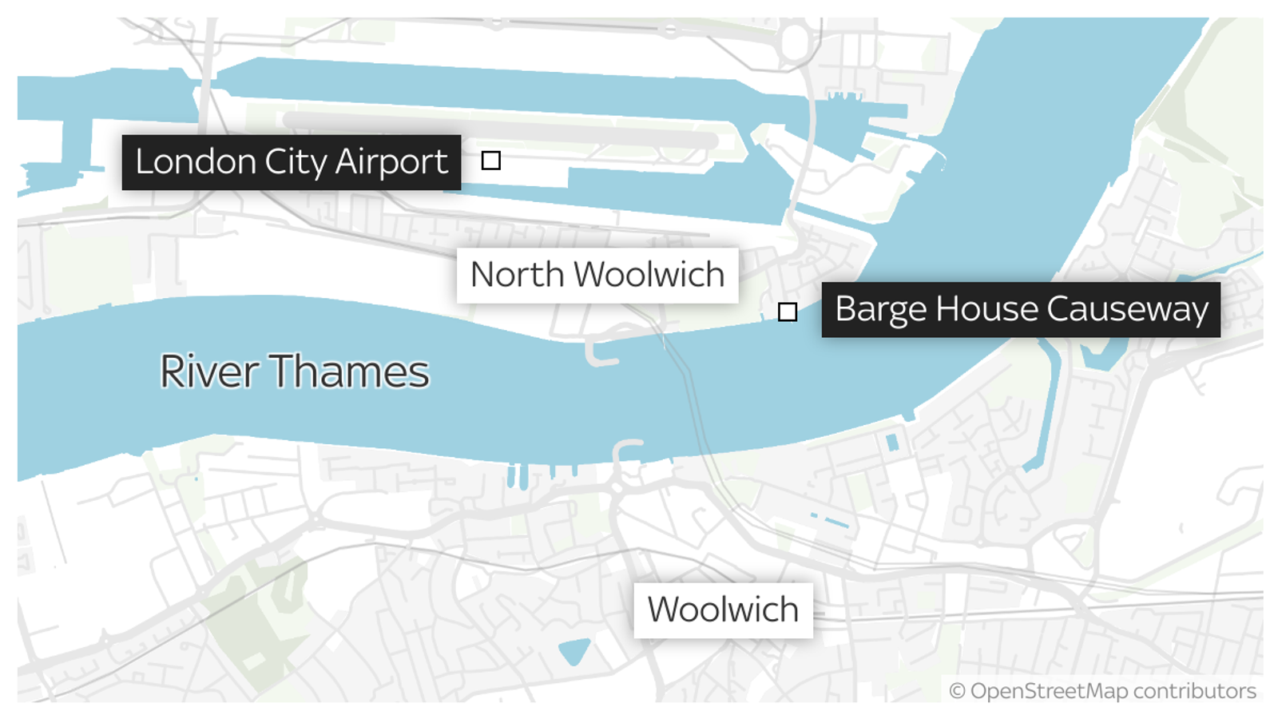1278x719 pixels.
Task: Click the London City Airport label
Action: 291,162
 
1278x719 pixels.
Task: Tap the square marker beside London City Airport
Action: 491,161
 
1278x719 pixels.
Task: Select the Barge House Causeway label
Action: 1021,309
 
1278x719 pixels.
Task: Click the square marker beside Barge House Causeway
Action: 788,312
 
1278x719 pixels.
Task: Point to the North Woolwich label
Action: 597,275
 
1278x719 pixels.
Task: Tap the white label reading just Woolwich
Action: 723,610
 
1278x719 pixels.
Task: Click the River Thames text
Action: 294,371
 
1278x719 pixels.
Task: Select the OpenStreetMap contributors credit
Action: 1103,691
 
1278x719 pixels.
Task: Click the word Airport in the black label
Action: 391,162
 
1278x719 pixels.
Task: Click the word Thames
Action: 349,371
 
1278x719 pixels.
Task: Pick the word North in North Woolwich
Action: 518,275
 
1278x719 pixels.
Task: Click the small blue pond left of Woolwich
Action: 574,651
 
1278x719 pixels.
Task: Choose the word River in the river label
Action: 209,371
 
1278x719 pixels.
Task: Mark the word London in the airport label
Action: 196,162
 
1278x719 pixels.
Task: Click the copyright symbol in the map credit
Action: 957,691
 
